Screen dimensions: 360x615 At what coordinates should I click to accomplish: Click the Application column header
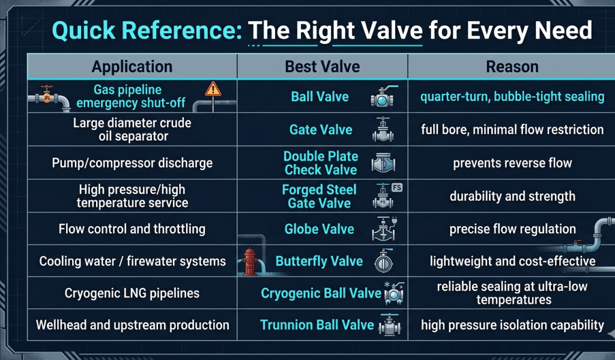coord(132,66)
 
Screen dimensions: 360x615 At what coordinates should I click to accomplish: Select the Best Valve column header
coord(322,66)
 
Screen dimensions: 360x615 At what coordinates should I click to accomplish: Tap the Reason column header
coord(512,66)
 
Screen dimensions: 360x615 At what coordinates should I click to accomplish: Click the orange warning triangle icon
coord(213,90)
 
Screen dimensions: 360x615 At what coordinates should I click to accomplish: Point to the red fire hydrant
coord(250,262)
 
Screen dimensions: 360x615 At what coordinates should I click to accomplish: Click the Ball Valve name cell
coord(320,97)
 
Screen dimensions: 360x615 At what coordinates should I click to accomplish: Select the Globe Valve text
coord(319,229)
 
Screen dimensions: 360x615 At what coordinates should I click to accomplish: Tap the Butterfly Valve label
coord(319,261)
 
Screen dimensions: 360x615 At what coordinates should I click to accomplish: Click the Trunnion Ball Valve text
coord(317,325)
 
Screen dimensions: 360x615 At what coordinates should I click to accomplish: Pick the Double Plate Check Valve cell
coord(320,163)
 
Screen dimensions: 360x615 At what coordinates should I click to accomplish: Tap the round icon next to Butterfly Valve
coord(383,262)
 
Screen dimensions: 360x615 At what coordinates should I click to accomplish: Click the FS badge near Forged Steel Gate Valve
coord(397,188)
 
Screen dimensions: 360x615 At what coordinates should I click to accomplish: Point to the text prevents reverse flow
coord(512,163)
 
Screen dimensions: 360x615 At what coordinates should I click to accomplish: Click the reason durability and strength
coord(512,196)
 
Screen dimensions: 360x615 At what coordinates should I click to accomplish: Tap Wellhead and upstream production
coord(132,325)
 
